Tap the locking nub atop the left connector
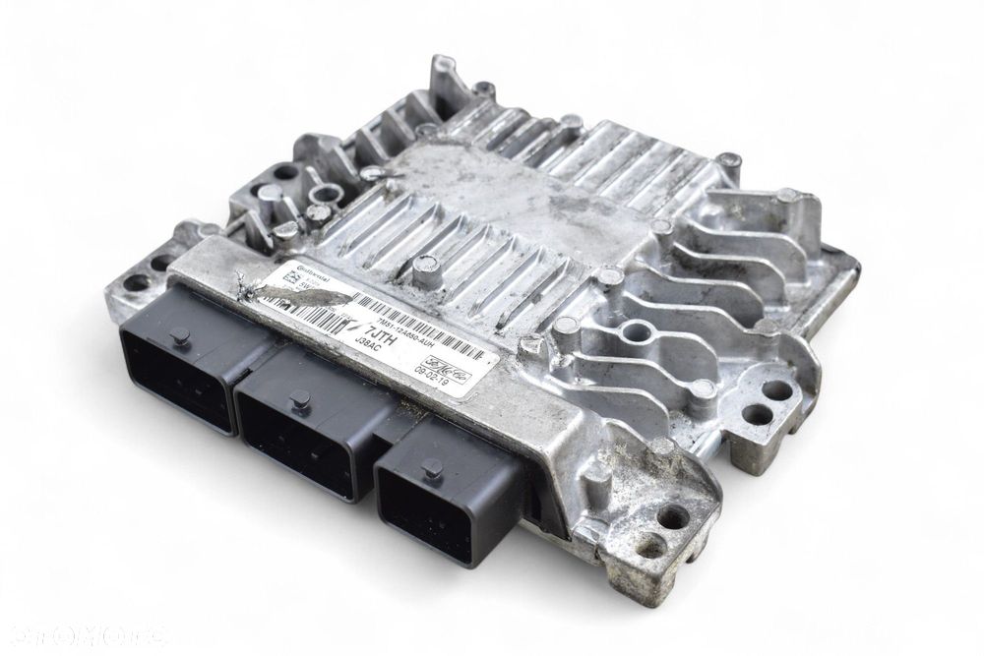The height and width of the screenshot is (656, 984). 179,335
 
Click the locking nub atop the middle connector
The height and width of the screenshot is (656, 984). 301,399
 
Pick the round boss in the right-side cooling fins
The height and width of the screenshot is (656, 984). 630,335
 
